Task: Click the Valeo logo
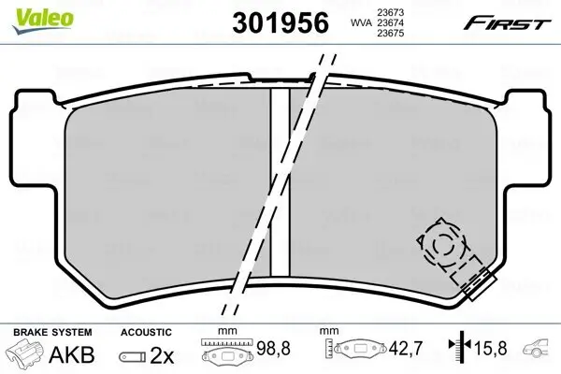(43, 21)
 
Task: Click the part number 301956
(280, 22)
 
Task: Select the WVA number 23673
(390, 12)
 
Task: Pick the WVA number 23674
(390, 22)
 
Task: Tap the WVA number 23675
(390, 34)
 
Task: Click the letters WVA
(361, 22)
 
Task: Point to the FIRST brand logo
(507, 22)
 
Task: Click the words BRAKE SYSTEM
(52, 332)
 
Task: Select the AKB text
(72, 354)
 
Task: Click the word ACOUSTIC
(146, 332)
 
